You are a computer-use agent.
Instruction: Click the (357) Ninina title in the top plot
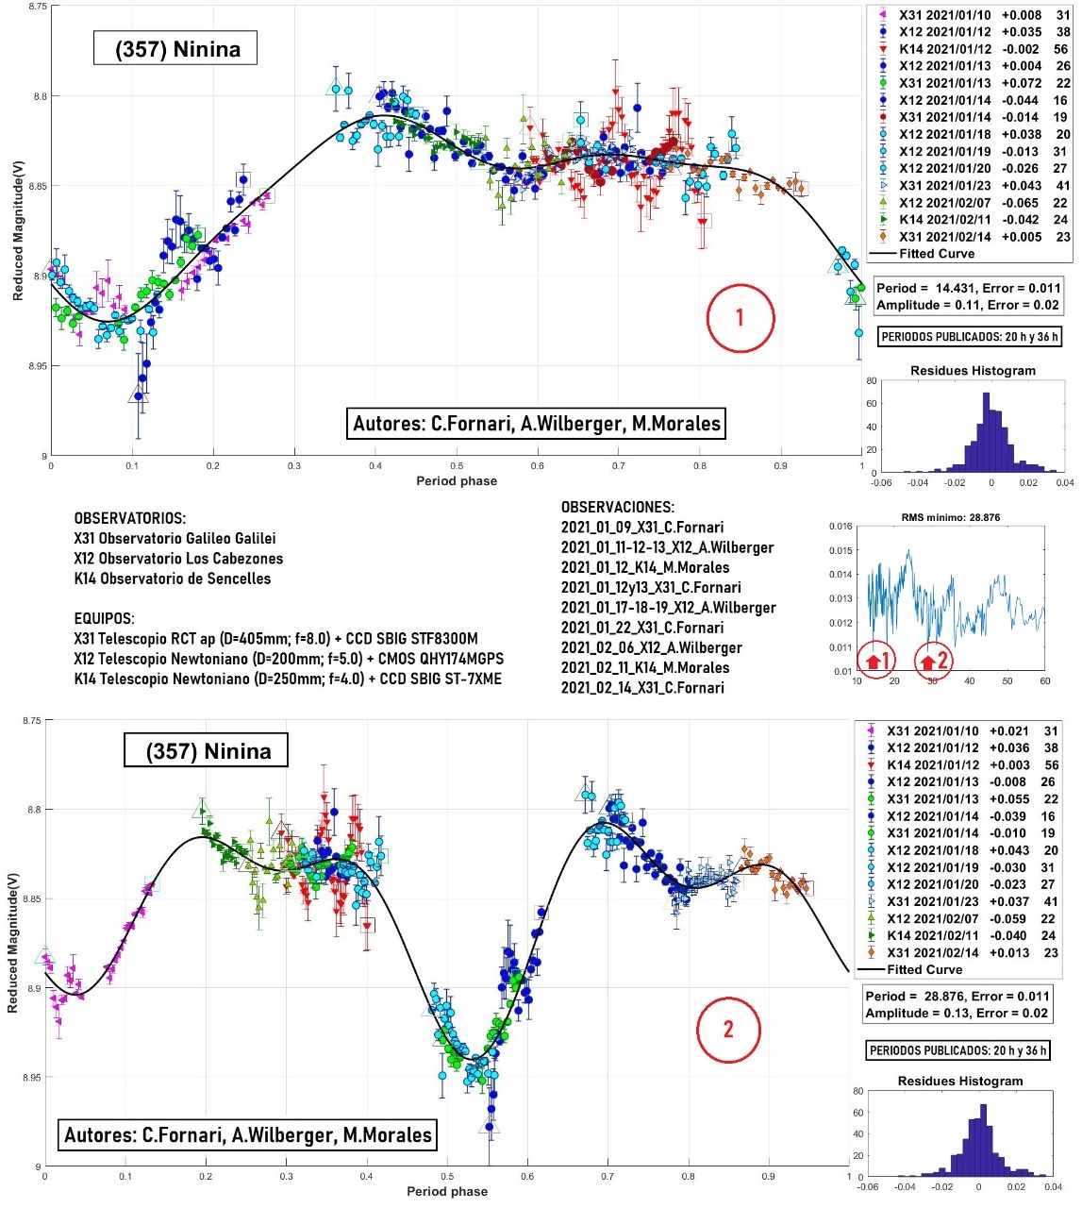tap(177, 49)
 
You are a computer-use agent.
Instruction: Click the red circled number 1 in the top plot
tap(741, 318)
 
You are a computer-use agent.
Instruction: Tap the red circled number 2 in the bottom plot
tap(728, 1029)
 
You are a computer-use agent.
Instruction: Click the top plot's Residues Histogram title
tap(973, 371)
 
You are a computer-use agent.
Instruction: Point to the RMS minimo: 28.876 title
tap(950, 517)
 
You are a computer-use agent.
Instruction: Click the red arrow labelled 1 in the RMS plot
tap(875, 661)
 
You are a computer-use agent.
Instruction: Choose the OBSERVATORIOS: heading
tap(130, 519)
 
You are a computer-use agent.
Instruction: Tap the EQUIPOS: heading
tap(104, 619)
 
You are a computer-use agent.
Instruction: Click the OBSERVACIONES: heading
tap(618, 508)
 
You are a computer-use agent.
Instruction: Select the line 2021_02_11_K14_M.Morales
tap(645, 667)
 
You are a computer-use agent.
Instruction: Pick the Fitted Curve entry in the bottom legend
tap(924, 969)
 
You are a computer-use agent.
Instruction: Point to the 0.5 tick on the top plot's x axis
tap(457, 466)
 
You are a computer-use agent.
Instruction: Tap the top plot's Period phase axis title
tap(457, 481)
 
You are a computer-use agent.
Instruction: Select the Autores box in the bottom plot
tap(247, 1134)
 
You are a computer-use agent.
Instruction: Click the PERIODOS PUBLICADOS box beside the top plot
tap(969, 337)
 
